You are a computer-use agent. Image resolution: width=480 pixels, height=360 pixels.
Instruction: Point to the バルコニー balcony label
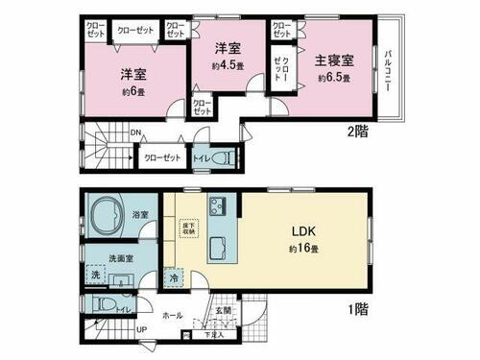387,69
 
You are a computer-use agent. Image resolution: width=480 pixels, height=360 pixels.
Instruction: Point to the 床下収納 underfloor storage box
188,229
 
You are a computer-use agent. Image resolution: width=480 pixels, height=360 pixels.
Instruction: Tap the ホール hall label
172,314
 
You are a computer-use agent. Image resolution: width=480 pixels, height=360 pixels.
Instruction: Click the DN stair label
135,133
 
